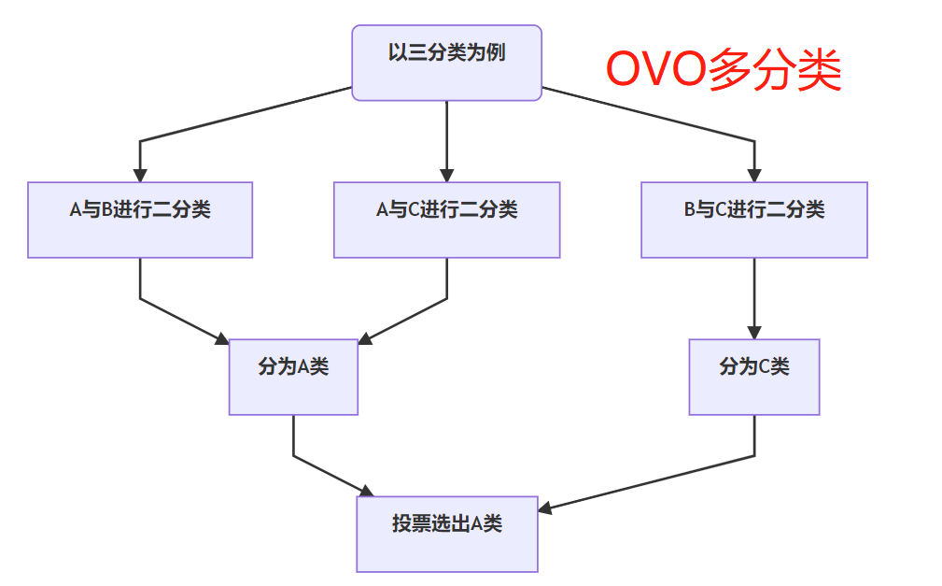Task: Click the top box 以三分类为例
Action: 446,62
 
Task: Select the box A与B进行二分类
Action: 140,219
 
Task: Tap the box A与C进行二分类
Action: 446,219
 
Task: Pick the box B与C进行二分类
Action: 753,219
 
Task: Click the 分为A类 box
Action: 293,376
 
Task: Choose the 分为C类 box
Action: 753,376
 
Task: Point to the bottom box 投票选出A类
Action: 446,533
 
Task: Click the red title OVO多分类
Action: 724,71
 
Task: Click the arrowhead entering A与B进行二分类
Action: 140,175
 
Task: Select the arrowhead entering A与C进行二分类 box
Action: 446,175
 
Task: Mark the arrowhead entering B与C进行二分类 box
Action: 753,175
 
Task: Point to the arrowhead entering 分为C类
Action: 753,332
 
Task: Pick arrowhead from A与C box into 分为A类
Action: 365,338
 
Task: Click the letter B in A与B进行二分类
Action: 106,210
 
